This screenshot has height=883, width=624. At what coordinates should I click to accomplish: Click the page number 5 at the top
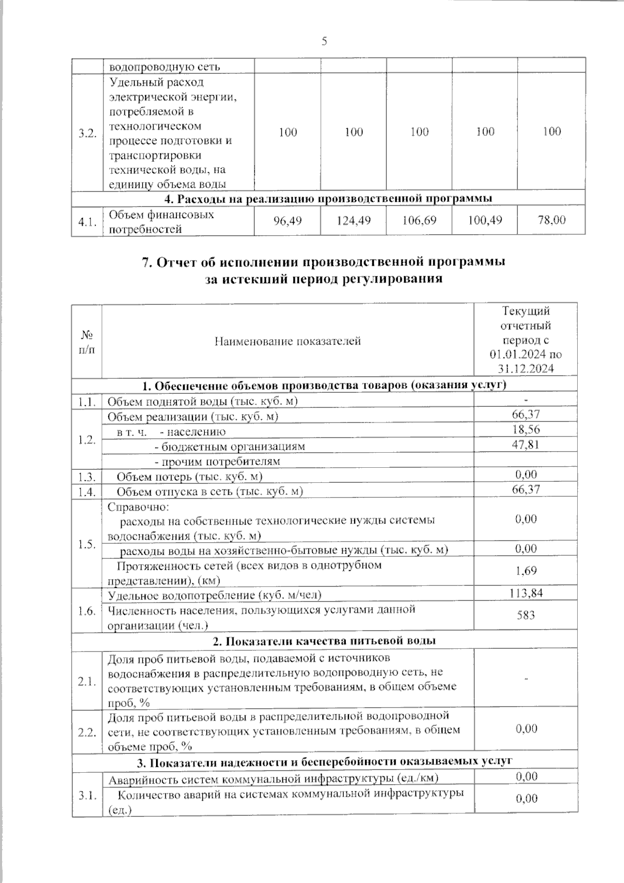[x=324, y=41]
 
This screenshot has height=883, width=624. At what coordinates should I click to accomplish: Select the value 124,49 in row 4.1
[x=354, y=221]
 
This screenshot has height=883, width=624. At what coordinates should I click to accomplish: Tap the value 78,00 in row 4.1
[x=551, y=221]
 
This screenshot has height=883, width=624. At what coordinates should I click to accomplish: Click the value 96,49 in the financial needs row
[x=288, y=221]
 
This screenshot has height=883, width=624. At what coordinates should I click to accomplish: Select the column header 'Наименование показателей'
[x=288, y=341]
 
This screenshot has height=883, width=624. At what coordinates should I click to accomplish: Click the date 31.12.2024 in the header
[x=525, y=369]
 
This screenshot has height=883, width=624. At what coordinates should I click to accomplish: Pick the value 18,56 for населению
[x=526, y=429]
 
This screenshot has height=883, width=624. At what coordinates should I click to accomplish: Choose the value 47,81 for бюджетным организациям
[x=526, y=444]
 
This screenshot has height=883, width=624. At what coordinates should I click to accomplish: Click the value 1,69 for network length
[x=526, y=571]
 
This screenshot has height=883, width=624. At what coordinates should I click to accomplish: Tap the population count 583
[x=526, y=615]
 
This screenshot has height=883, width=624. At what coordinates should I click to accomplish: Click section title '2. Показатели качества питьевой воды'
[x=324, y=641]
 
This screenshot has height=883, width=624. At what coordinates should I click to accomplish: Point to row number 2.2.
[x=87, y=733]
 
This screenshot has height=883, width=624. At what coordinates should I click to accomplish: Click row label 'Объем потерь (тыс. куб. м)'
[x=189, y=477]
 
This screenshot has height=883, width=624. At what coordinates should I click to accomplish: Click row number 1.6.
[x=87, y=611]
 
